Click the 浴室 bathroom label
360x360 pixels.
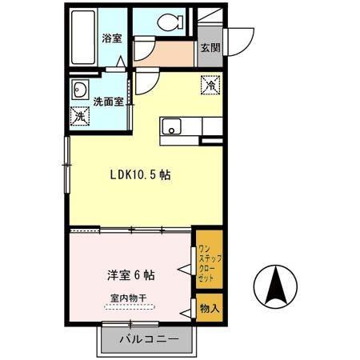111,38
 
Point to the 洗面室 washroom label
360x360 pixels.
106,102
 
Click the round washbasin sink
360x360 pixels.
81,89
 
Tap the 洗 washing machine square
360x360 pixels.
80,116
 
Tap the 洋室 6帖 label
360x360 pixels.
131,274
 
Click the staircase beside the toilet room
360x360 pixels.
209,22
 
